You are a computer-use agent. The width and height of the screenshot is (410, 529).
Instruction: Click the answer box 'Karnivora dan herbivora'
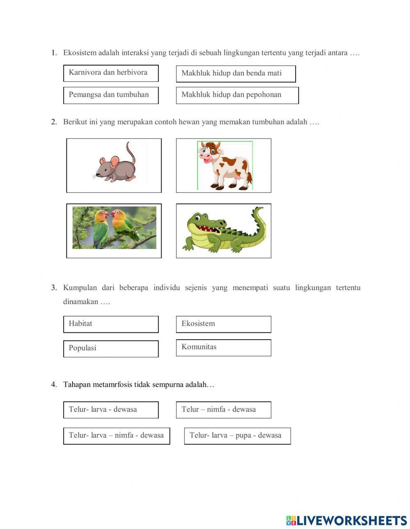[x=111, y=73]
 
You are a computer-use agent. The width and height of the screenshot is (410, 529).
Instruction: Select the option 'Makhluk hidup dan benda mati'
[x=236, y=74]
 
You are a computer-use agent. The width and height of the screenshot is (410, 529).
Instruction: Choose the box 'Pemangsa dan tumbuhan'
[x=111, y=95]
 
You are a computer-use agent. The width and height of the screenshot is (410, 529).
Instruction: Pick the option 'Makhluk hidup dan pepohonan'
[x=237, y=95]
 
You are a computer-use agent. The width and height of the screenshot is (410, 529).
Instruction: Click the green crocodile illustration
[x=224, y=231]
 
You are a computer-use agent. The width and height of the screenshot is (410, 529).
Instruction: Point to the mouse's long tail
[x=131, y=152]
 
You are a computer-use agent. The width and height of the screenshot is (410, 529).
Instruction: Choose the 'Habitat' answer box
[x=111, y=324]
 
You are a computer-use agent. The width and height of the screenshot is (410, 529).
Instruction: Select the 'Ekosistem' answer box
[x=223, y=324]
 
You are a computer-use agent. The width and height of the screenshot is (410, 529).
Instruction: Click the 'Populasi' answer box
[x=111, y=348]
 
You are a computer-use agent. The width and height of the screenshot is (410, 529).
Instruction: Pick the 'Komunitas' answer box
[x=223, y=347]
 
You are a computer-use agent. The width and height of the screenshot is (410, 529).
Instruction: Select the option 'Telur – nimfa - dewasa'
[x=223, y=410]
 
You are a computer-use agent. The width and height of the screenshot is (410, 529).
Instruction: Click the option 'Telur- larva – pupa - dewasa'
[x=237, y=436]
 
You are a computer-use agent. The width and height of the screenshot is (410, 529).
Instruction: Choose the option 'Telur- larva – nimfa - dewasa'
[x=116, y=436]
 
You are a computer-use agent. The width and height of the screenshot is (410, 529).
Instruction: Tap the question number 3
[x=54, y=288]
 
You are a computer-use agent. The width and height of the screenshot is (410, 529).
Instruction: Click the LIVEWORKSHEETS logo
[x=346, y=520]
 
